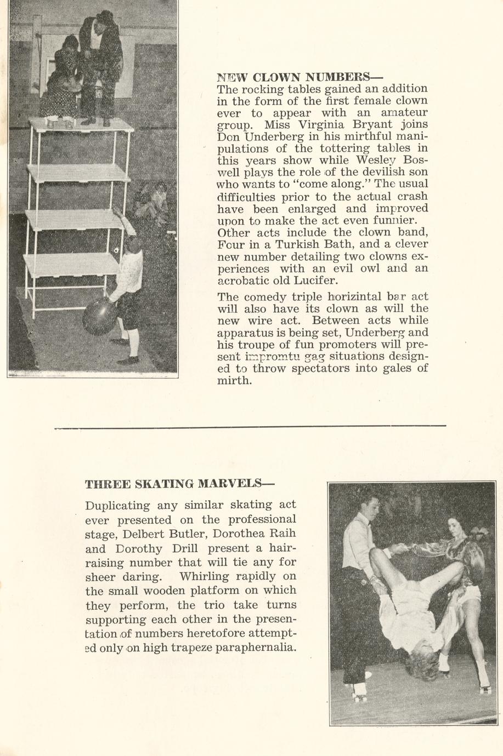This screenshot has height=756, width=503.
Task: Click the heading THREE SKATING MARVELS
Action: click(x=179, y=484)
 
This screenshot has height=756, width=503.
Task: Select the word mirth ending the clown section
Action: click(x=234, y=381)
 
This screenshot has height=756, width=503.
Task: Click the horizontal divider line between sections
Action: click(x=250, y=427)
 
